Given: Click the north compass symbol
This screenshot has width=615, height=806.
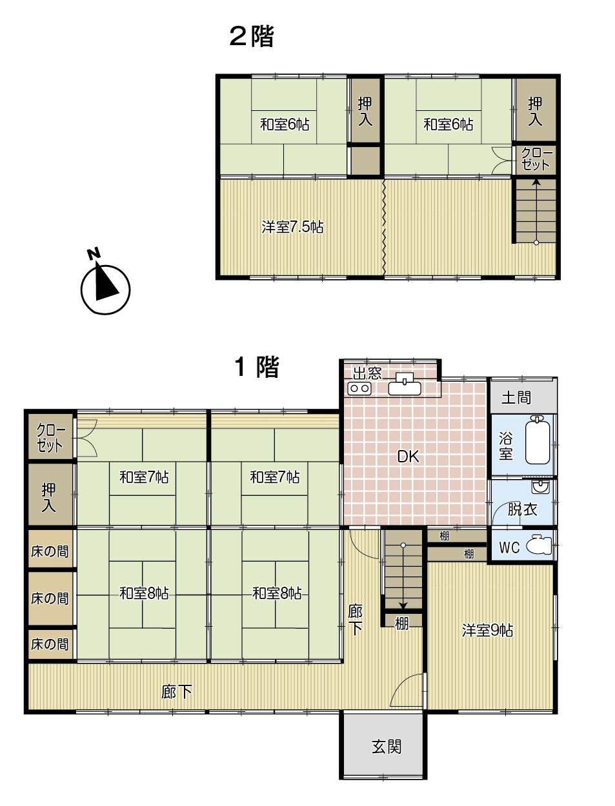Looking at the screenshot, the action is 105,285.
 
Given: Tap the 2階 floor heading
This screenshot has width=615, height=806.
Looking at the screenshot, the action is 252,36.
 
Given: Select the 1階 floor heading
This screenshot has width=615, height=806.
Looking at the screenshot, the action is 257,366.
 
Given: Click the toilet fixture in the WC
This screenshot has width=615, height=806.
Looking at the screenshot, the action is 539,545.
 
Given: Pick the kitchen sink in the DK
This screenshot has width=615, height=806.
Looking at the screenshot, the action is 405,384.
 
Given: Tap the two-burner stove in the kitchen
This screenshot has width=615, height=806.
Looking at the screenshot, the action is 359,388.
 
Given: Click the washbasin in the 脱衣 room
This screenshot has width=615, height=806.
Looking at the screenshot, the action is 540,487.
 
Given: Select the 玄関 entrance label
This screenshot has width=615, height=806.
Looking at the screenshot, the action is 387,747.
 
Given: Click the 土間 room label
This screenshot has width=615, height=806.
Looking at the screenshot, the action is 516,397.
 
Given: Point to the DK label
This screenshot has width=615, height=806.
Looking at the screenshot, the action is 408,457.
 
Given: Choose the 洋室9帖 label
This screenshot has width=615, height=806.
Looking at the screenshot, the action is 487,630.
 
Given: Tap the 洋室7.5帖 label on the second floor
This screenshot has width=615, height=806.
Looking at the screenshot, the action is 293,227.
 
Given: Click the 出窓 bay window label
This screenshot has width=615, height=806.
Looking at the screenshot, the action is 367,373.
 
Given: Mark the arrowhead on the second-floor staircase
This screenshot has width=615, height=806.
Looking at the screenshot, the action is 536,182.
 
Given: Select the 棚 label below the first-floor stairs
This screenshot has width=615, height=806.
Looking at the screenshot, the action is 401,624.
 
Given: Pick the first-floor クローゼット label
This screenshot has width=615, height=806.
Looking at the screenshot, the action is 50,437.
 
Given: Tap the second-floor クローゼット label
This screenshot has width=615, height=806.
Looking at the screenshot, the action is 536,159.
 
